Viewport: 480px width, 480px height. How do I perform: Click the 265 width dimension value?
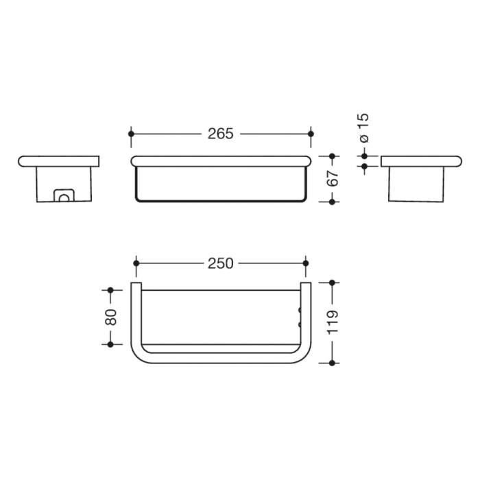[x=221, y=134]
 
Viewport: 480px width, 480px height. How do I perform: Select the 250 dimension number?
[x=221, y=263]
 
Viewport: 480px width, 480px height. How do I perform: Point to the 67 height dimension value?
[x=333, y=179]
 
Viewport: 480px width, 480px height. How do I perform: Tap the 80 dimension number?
[x=110, y=317]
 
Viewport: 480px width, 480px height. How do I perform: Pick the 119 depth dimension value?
[x=333, y=322]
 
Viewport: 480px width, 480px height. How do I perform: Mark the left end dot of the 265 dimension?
[x=131, y=134]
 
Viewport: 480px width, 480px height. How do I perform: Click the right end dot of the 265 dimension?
[x=311, y=134]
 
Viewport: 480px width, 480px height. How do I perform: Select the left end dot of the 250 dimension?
[x=136, y=263]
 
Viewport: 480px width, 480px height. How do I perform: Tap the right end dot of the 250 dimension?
[x=305, y=263]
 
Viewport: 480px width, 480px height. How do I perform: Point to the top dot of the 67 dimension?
[x=333, y=156]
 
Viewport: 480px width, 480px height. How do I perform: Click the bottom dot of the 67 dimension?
[x=333, y=202]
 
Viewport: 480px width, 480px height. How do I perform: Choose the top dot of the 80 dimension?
[x=110, y=290]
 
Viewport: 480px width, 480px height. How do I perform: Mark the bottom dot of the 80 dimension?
[x=110, y=344]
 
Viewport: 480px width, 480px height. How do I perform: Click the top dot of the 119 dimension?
[x=333, y=282]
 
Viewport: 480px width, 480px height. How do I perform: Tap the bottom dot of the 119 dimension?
[x=333, y=362]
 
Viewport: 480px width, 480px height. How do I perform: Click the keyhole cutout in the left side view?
[x=64, y=197]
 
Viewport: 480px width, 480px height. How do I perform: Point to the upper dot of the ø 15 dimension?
[x=364, y=156]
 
